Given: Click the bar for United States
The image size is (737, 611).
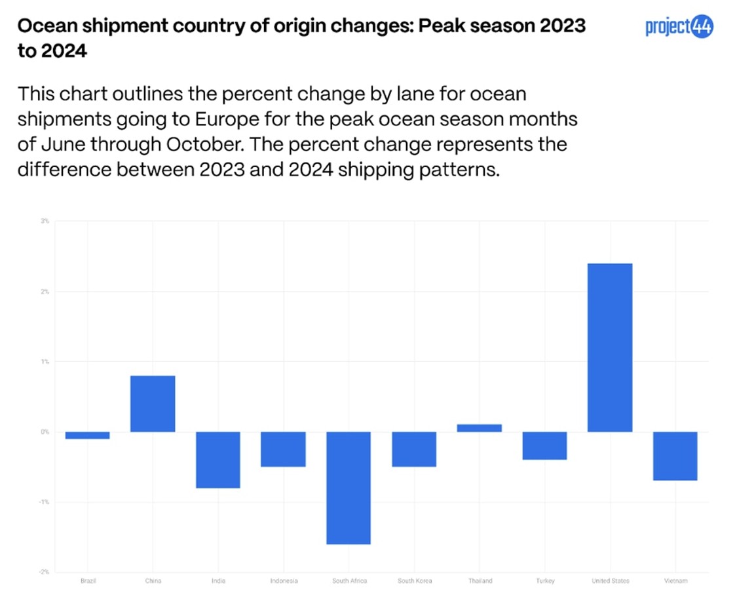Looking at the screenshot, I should (x=610, y=347).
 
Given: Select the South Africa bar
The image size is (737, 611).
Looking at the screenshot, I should (x=349, y=488).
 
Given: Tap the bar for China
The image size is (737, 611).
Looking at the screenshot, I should (x=153, y=404).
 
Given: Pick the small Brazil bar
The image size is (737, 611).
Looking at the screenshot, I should (x=87, y=435).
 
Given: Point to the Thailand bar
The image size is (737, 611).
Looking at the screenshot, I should (x=480, y=428).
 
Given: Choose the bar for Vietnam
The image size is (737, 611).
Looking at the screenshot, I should (x=675, y=456).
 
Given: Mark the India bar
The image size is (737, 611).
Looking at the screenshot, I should (x=218, y=460).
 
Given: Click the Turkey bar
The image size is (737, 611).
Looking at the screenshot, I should (x=544, y=446).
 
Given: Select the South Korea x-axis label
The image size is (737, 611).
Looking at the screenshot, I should (x=414, y=581).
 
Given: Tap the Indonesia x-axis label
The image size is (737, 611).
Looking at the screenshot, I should (x=284, y=581).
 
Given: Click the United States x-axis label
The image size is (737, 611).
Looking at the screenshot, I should (x=610, y=581).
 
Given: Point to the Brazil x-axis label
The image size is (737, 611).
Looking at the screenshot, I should (x=88, y=581).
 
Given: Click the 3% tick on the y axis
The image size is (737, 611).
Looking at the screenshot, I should (x=45, y=221).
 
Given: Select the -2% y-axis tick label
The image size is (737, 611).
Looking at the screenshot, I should (x=45, y=572).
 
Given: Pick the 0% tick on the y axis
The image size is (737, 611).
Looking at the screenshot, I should (x=45, y=432).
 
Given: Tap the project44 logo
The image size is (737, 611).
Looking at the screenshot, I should (x=679, y=28).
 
